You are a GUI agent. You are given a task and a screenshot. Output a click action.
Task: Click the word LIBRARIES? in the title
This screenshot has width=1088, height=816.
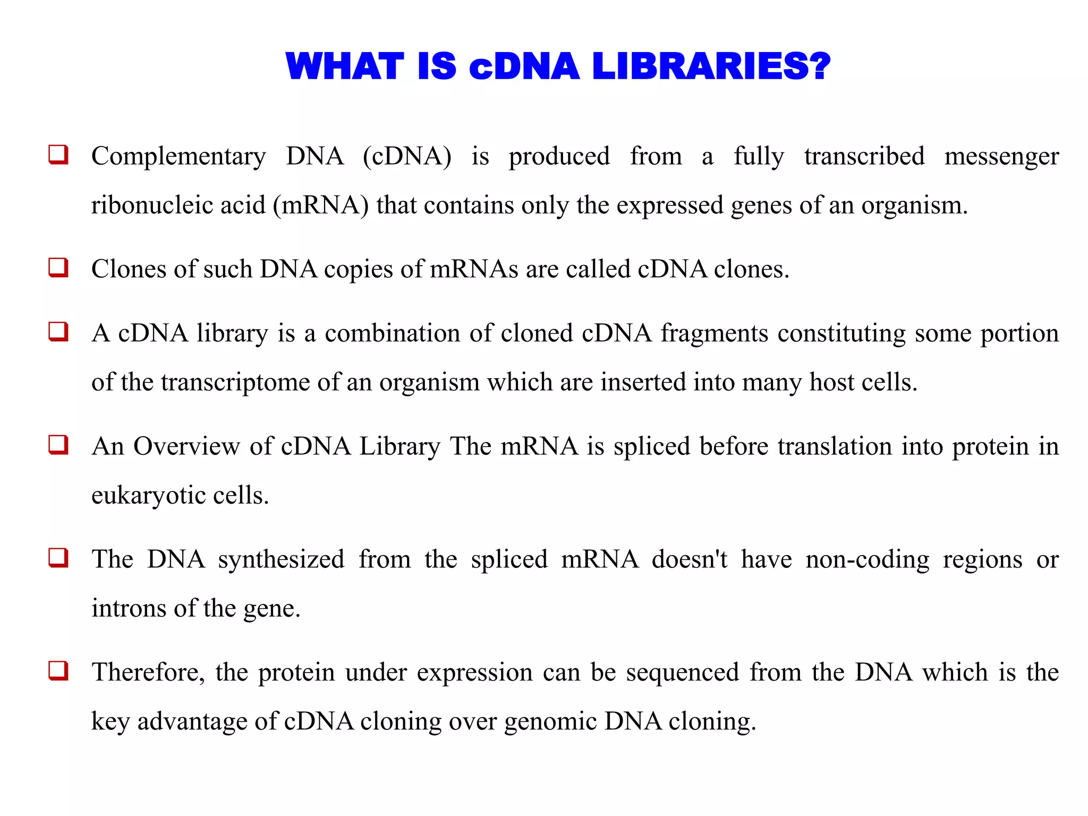pos(711,67)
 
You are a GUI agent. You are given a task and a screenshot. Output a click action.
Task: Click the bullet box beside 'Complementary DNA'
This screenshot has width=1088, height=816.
pos(58,155)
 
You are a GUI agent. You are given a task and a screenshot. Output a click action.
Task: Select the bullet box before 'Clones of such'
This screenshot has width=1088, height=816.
pos(58,267)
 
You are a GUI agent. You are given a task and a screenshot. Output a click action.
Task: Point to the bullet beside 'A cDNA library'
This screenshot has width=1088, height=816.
pos(58,331)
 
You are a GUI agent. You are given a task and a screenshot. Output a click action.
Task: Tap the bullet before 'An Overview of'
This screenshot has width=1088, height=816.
pos(58,445)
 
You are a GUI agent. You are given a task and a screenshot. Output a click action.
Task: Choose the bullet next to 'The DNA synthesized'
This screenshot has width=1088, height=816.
pos(58,558)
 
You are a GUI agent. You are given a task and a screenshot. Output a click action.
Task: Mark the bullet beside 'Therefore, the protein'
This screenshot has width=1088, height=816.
pos(58,670)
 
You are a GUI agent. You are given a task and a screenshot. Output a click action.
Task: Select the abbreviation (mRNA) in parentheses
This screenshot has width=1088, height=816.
pos(320,205)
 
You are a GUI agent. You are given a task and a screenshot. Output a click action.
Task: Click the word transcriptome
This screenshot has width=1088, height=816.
pos(235,382)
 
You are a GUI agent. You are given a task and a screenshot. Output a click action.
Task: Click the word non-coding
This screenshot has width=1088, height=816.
pos(867,560)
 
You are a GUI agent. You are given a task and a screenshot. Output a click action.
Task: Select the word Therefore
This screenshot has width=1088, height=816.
pos(147,673)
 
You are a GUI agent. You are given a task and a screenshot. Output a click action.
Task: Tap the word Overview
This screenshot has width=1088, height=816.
pos(186,446)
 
